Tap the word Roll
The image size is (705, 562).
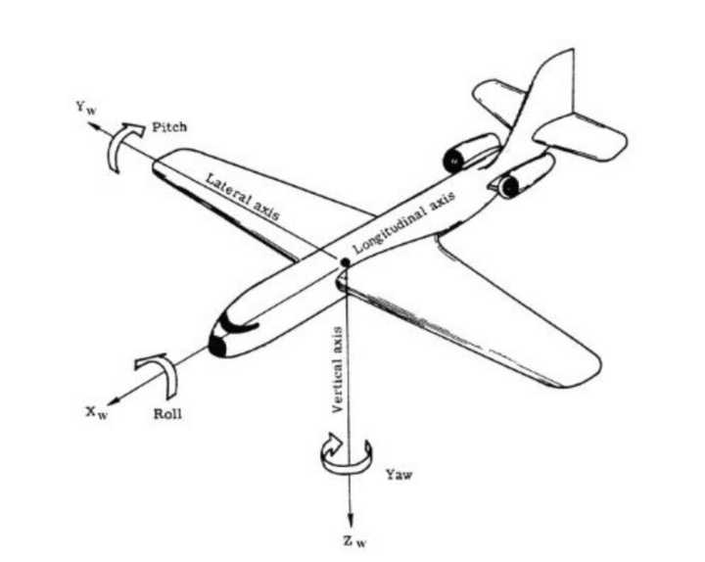(167, 413)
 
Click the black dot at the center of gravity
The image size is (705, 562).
(345, 262)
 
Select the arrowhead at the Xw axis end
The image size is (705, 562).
(111, 398)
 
